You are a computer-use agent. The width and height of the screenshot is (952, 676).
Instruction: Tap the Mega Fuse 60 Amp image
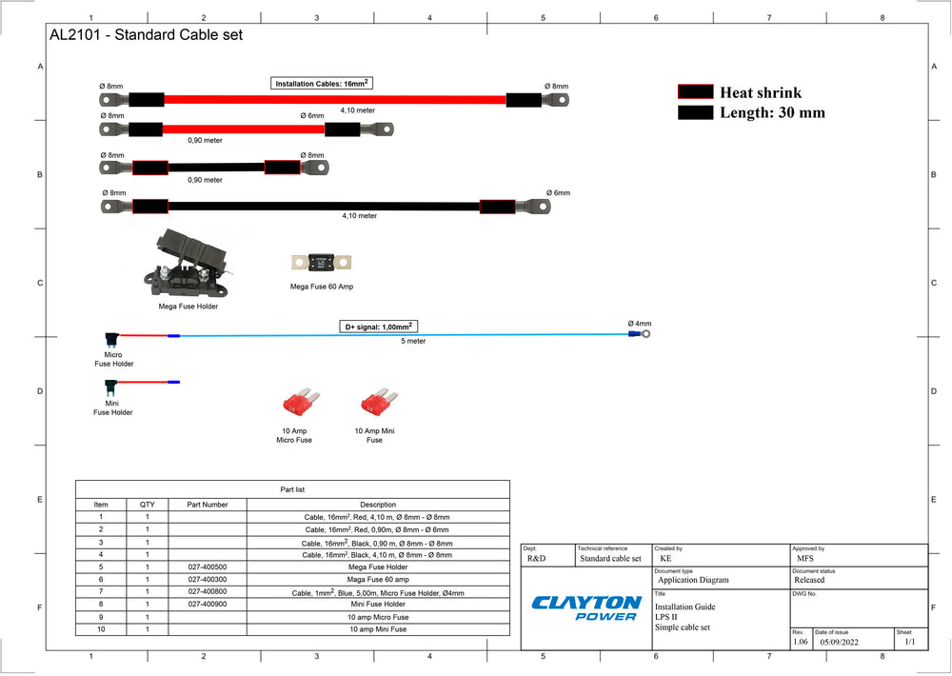click(x=321, y=263)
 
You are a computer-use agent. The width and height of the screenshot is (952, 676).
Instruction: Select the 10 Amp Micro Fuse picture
click(x=301, y=402)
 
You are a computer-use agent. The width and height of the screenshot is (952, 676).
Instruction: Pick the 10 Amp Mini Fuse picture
click(x=379, y=402)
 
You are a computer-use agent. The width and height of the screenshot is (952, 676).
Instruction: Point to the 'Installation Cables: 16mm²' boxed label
click(x=321, y=83)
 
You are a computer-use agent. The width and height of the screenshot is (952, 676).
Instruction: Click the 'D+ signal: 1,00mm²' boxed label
click(x=378, y=327)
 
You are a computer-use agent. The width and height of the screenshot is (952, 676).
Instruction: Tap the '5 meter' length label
click(x=413, y=342)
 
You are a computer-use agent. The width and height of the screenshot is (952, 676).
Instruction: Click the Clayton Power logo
click(x=585, y=608)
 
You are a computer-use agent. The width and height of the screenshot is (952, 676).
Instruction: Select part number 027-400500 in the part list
click(x=207, y=567)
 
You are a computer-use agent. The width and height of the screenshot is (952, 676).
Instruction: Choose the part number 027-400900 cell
click(x=207, y=605)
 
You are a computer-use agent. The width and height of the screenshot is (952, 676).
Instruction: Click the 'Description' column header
click(x=378, y=505)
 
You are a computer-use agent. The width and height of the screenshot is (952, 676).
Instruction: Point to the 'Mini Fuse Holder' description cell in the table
click(x=378, y=605)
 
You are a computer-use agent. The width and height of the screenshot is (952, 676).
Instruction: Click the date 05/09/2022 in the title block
click(x=839, y=642)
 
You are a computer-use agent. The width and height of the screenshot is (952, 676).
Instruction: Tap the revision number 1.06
click(x=801, y=642)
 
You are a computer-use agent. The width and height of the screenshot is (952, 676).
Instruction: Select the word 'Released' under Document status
click(x=809, y=580)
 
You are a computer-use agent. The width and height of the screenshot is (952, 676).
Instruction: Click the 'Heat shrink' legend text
click(x=761, y=92)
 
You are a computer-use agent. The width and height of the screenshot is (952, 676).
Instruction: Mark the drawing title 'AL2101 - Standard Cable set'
click(x=146, y=34)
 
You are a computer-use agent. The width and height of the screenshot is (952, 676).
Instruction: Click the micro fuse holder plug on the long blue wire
click(x=111, y=338)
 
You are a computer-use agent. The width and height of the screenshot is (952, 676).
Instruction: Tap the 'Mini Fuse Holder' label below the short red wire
click(x=112, y=408)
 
